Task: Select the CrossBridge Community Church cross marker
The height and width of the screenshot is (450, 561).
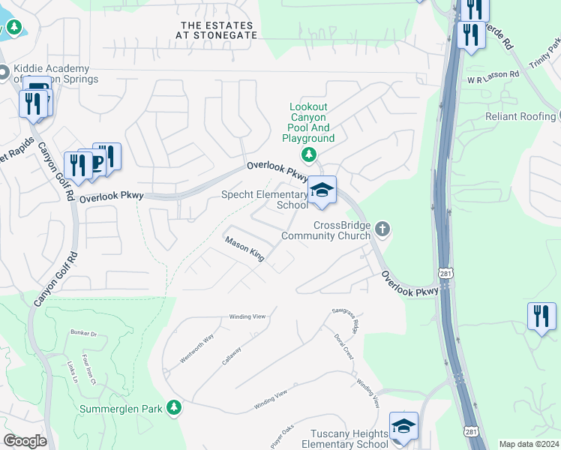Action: (382, 229)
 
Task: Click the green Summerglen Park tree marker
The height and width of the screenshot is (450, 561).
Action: (174, 407)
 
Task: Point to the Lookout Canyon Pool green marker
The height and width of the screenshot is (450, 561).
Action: (308, 154)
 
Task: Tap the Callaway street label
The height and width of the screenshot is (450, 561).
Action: (232, 355)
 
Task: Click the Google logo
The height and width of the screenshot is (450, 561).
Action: (25, 441)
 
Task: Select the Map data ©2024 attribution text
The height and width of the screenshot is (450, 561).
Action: (529, 444)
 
